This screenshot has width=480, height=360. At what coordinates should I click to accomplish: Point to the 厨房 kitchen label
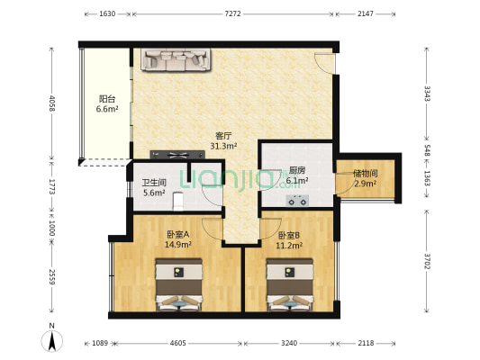pos(297,171)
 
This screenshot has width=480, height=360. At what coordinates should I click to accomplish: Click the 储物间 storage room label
pos(365,173)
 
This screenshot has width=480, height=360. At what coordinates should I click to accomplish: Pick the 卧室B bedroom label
pos(276,235)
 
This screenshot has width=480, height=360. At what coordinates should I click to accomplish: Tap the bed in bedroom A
pos(179,283)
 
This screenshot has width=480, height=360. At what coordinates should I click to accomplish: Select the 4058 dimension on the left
pos(52,104)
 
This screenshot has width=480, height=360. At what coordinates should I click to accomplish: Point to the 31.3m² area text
pos(223,146)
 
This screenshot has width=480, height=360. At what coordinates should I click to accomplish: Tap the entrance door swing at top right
pos(324,61)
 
